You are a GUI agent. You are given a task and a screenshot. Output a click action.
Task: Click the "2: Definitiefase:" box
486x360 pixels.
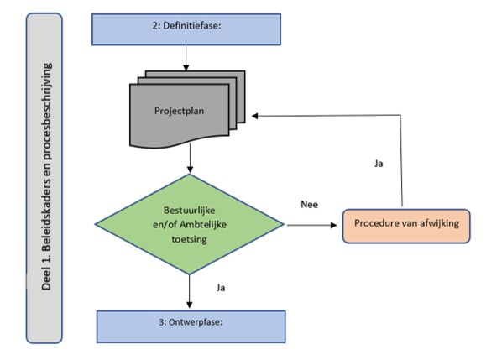186,29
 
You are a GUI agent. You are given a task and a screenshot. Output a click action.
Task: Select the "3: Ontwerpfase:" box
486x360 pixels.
191,326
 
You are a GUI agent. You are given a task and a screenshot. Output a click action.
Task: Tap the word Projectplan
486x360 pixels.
179,111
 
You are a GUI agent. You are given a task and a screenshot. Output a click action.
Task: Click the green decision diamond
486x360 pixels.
190,224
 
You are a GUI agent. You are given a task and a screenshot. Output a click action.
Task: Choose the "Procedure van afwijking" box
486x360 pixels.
406,226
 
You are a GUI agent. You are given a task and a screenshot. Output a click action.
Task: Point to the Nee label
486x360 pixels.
310,205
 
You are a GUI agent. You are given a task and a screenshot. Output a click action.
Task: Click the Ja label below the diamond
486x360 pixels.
221,288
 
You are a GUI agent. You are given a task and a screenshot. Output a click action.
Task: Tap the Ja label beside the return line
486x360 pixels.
379,164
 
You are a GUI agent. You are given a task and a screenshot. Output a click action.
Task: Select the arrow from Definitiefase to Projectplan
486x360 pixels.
186,58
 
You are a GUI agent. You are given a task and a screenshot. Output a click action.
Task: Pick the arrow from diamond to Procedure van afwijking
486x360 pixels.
311,225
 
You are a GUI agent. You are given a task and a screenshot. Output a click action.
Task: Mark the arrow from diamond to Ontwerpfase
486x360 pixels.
190,291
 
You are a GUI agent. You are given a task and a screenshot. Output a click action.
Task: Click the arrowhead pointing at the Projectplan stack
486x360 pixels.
254,116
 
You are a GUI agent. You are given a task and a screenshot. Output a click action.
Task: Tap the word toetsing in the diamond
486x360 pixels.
189,239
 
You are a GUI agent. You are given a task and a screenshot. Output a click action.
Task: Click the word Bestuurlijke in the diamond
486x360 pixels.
190,211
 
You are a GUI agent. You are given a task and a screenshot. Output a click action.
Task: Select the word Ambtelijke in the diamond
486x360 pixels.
203,224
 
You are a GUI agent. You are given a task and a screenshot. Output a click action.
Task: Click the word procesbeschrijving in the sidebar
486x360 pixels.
47,112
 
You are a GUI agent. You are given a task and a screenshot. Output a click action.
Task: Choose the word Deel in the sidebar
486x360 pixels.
46,280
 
